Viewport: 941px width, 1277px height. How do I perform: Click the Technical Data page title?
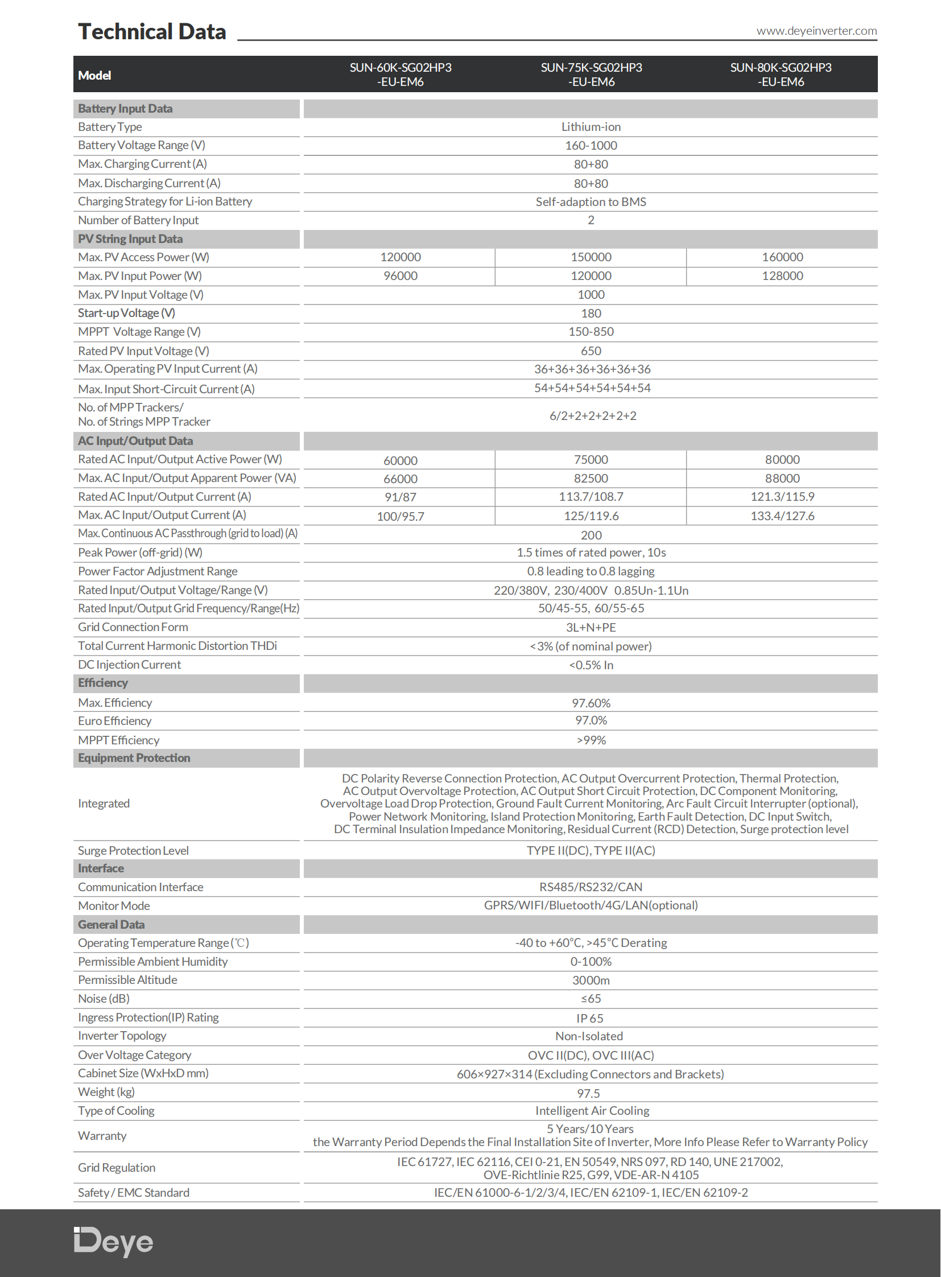[152, 32]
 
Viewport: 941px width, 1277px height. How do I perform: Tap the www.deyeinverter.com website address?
[816, 31]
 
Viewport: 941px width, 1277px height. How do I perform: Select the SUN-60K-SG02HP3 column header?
[401, 75]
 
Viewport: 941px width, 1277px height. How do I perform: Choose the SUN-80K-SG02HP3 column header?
[781, 75]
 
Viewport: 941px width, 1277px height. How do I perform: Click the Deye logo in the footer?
[114, 1242]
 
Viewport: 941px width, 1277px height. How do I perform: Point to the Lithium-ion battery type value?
[591, 127]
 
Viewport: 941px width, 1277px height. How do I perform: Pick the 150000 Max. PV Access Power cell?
[591, 257]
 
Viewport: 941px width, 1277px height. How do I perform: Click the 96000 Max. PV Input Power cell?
[401, 276]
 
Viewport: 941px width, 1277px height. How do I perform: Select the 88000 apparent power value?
[782, 479]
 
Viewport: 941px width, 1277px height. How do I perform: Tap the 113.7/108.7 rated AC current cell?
[591, 497]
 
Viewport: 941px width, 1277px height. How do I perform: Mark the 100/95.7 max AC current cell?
[401, 516]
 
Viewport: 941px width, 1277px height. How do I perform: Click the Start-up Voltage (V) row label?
[126, 313]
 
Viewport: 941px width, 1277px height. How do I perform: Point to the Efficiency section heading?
[103, 683]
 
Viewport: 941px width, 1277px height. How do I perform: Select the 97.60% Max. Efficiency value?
[591, 703]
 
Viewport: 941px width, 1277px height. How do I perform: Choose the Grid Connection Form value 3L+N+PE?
[591, 627]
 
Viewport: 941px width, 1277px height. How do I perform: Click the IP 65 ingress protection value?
[589, 1018]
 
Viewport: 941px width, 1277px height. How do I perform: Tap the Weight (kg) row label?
[106, 1092]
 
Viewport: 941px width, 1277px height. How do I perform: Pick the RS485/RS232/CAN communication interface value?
[591, 887]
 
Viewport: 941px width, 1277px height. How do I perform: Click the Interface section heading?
[101, 868]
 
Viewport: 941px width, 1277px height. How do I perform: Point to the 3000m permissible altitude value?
[591, 980]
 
